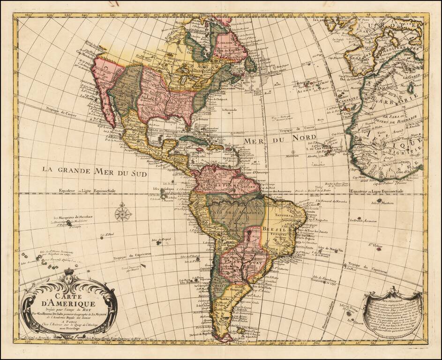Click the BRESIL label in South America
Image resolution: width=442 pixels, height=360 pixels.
(274, 230)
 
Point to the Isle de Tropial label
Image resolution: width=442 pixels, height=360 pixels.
(160, 240)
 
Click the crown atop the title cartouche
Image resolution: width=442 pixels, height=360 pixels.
(70, 271)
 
